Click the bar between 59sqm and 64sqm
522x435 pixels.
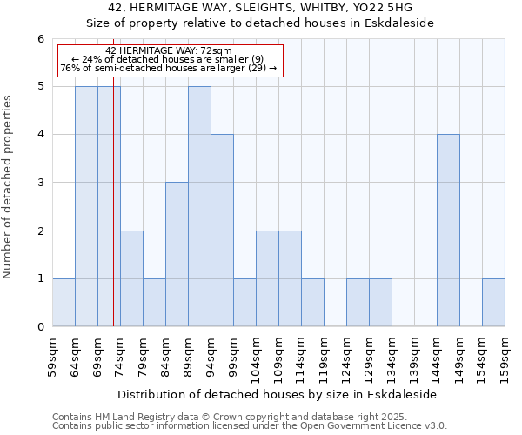click(64, 302)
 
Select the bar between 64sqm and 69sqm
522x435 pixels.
click(86, 206)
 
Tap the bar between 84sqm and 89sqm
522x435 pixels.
click(177, 254)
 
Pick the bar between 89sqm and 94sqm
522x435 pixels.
click(199, 206)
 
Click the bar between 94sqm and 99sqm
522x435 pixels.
click(222, 231)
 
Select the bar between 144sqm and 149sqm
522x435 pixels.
click(448, 231)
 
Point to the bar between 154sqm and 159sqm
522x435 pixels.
click(493, 302)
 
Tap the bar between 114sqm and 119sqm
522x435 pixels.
click(312, 302)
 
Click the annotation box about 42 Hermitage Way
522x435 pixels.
click(170, 60)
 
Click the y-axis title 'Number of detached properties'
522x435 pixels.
click(9, 186)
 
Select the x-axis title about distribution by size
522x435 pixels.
click(278, 394)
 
